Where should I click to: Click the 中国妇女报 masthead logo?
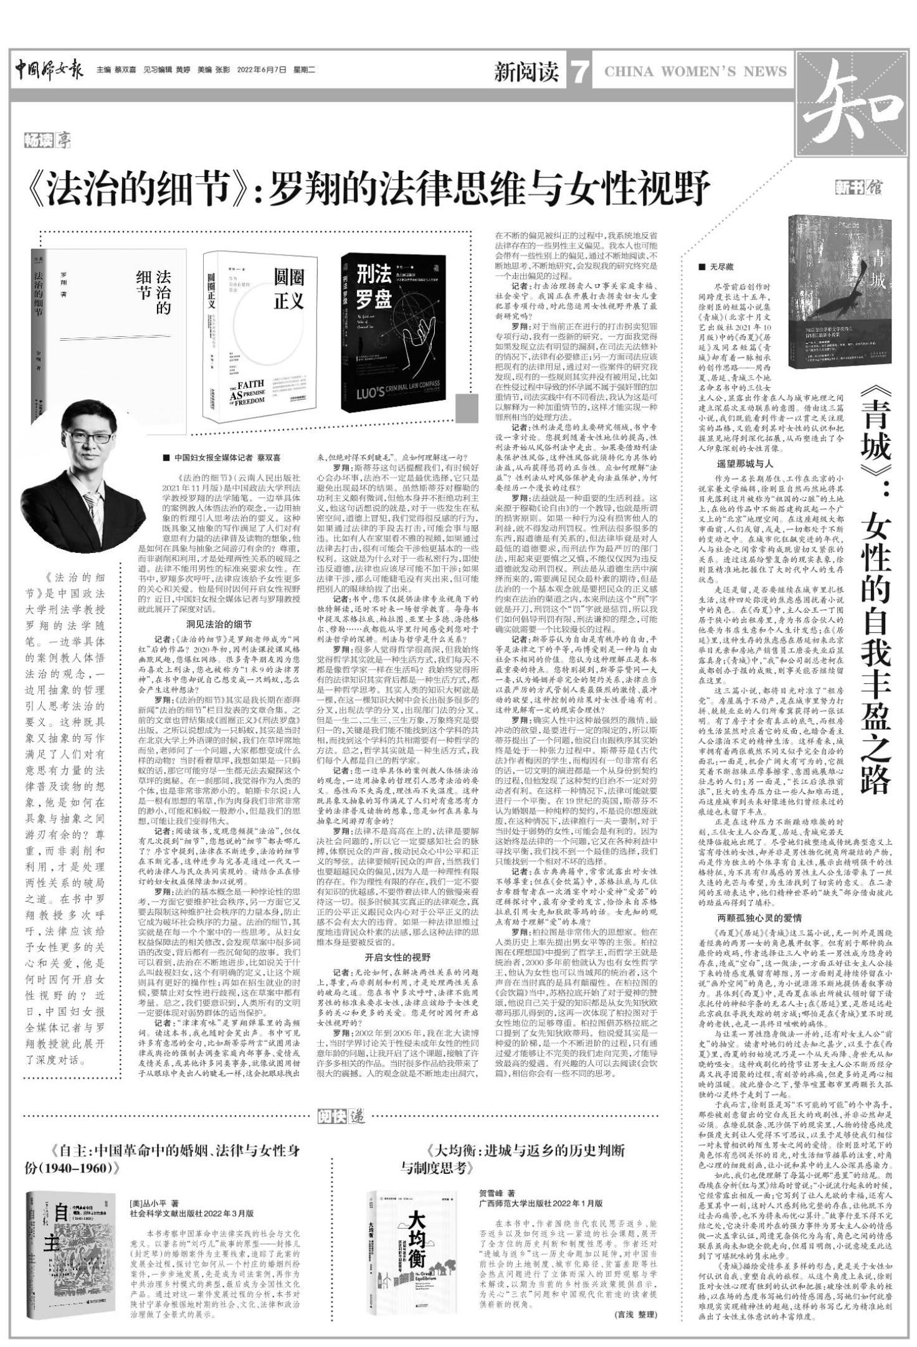(49, 69)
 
